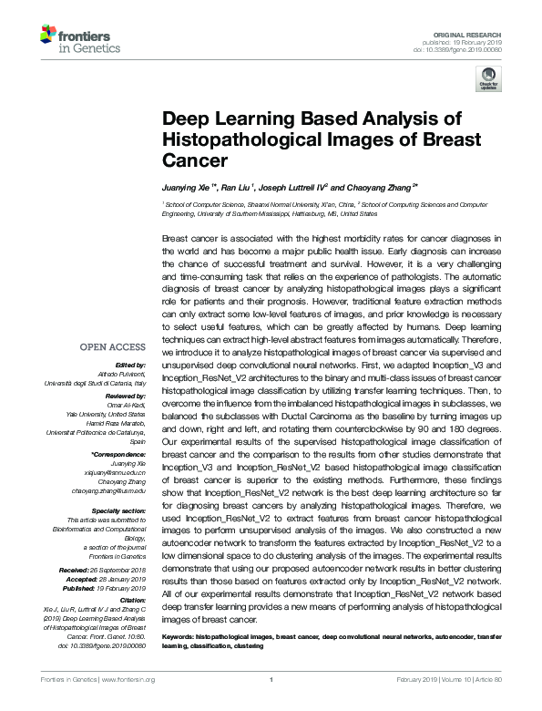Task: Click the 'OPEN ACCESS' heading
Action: click(x=112, y=347)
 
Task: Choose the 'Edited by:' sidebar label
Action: click(x=130, y=364)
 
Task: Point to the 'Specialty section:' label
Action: click(x=118, y=510)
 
